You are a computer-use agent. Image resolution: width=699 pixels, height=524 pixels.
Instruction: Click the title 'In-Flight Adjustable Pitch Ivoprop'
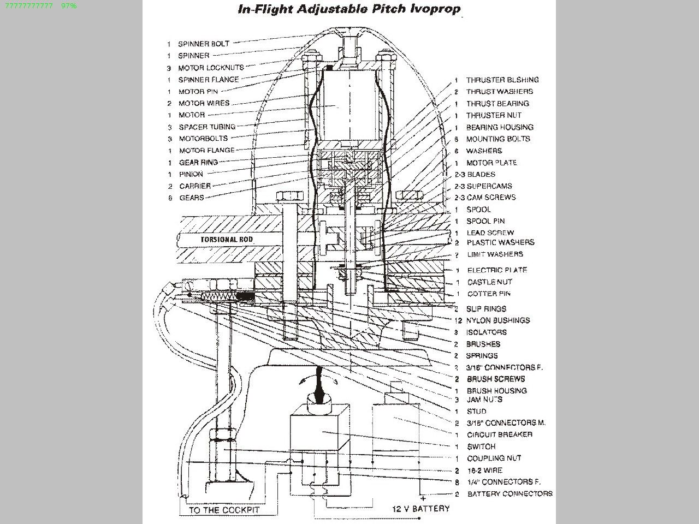pyautogui.click(x=349, y=9)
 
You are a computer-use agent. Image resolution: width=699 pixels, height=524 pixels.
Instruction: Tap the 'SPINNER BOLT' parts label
pyautogui.click(x=204, y=44)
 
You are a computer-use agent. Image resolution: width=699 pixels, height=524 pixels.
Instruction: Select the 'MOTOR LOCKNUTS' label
pyautogui.click(x=211, y=68)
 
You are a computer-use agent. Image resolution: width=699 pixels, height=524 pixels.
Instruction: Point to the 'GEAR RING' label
pyautogui.click(x=198, y=162)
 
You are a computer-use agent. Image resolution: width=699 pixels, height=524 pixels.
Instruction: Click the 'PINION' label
pyautogui.click(x=191, y=174)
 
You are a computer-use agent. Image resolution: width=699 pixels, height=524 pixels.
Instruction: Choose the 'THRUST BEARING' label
pyautogui.click(x=497, y=103)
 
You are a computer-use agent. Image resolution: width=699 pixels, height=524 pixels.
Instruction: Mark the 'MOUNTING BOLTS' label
pyautogui.click(x=498, y=139)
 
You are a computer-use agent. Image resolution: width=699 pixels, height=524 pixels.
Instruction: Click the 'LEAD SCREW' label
pyautogui.click(x=490, y=233)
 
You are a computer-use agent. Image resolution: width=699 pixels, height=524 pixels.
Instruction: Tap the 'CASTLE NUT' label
pyautogui.click(x=490, y=282)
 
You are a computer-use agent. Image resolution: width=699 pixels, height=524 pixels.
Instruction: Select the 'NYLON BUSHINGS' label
pyautogui.click(x=497, y=320)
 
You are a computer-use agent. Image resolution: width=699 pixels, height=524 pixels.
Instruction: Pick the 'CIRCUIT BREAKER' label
pyautogui.click(x=500, y=434)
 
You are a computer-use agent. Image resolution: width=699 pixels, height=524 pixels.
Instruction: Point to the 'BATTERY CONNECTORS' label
pyautogui.click(x=510, y=493)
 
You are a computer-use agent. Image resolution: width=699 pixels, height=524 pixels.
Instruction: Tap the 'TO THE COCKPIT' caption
pyautogui.click(x=224, y=510)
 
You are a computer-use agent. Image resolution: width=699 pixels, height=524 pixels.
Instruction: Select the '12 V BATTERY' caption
pyautogui.click(x=421, y=508)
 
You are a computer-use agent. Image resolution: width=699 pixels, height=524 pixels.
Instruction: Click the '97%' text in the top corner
pyautogui.click(x=69, y=5)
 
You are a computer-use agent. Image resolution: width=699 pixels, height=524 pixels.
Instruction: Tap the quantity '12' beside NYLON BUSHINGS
pyautogui.click(x=458, y=320)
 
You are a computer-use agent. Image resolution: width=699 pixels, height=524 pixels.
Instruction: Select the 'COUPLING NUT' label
pyautogui.click(x=494, y=458)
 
